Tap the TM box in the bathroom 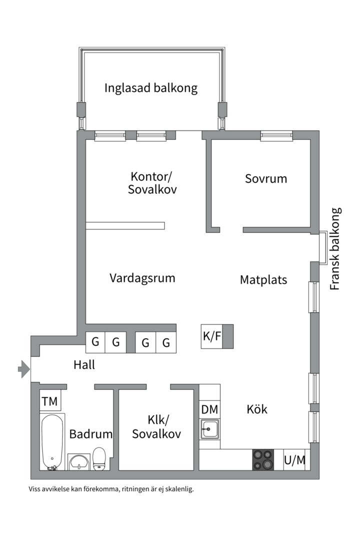pos(49,401)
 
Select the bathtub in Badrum pos(52,442)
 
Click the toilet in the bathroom pos(99,458)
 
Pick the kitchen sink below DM pos(209,428)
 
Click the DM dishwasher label pos(209,409)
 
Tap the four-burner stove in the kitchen pos(263,459)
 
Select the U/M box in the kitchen pos(294,460)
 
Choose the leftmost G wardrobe pos(95,342)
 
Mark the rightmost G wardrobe pos(166,343)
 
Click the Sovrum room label pos(266,178)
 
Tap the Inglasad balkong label pos(151,88)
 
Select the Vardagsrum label pos(142,278)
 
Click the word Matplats pos(263,279)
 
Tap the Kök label pos(257,409)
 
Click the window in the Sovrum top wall pos(276,135)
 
